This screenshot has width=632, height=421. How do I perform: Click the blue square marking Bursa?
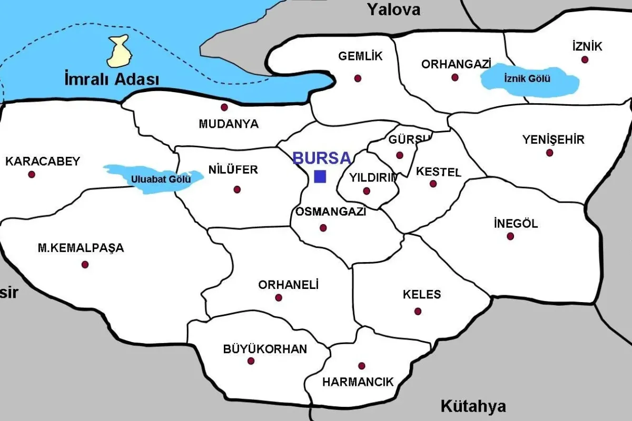[x=320, y=177]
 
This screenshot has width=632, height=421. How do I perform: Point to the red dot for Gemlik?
[x=358, y=78]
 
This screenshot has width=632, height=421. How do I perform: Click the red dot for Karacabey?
[x=32, y=174]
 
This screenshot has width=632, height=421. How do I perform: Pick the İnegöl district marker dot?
[x=510, y=236]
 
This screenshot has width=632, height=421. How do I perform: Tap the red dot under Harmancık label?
[x=361, y=366]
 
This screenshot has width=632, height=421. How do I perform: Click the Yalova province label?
[x=394, y=9]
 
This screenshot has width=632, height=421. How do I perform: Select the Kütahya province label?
[x=473, y=406]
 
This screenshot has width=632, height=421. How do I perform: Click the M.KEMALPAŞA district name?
[x=81, y=248]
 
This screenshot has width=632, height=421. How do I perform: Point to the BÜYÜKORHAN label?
[x=265, y=349]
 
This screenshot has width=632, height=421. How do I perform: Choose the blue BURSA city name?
[x=321, y=158]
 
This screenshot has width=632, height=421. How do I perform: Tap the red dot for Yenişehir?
[x=549, y=153]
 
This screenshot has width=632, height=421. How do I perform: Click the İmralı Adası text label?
[x=111, y=80]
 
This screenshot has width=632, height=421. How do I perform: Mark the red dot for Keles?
[x=418, y=311]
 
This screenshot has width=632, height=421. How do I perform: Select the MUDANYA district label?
[x=229, y=124]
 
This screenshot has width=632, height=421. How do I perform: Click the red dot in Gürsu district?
[x=399, y=155]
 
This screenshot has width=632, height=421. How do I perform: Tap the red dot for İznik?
[x=585, y=59]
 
